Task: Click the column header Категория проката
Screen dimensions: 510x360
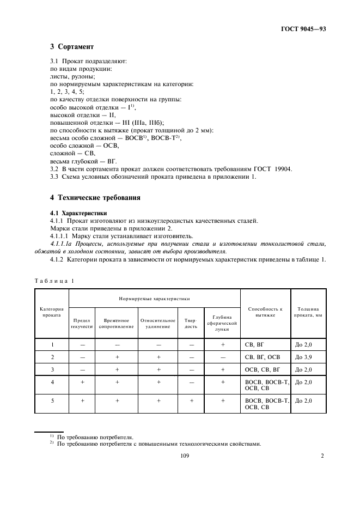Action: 51,312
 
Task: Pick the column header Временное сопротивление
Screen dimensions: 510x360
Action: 116,323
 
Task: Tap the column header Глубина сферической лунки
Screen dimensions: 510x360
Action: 222,323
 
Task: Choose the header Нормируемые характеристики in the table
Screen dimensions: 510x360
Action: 154,299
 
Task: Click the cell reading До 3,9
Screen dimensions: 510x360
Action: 303,357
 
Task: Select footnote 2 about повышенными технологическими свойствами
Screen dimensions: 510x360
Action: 155,443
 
